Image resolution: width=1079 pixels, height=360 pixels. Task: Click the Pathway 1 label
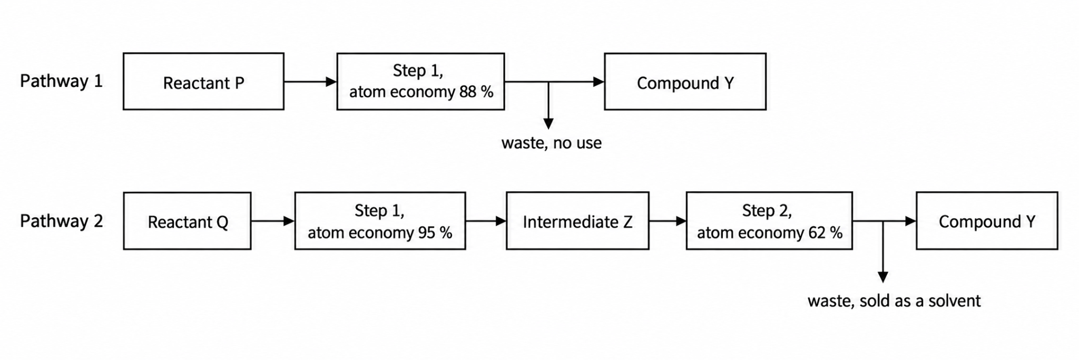[x=61, y=82]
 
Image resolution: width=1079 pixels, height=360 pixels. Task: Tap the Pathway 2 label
[x=61, y=221]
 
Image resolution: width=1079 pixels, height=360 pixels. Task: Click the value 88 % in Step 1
[x=476, y=92]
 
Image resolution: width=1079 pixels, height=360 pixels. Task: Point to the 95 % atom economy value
[x=435, y=233]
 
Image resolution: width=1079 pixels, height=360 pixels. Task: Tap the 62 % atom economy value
[x=826, y=233]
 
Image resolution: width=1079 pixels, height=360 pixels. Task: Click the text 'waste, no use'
[x=551, y=143]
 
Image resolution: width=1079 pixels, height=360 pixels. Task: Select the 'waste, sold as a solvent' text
[x=894, y=301]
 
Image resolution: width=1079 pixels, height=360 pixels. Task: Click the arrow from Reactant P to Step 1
[x=310, y=82]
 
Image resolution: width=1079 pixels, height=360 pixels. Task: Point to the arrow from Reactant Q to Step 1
[x=273, y=221]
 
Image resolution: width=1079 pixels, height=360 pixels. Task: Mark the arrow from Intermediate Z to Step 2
[x=668, y=221]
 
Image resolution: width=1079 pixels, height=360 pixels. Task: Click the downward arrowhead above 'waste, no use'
[x=548, y=124]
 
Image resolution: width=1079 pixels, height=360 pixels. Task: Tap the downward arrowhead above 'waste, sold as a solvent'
[x=884, y=277]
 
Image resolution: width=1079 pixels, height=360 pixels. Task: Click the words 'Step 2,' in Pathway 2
[x=767, y=211]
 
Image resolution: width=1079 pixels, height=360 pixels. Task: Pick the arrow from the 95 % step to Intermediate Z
[x=486, y=221]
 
